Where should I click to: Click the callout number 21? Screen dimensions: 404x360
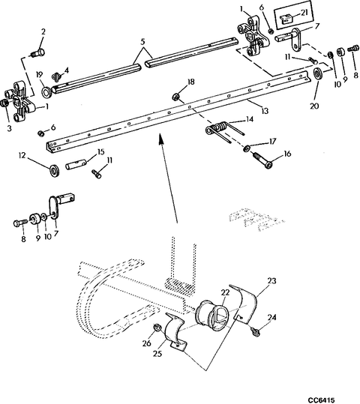(x=304, y=14)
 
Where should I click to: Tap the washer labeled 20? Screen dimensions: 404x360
(x=318, y=73)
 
